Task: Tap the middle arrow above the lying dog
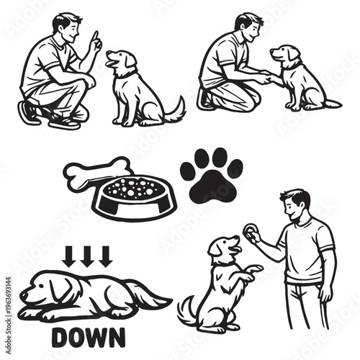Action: (87, 256)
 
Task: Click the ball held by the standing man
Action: (249, 232)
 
